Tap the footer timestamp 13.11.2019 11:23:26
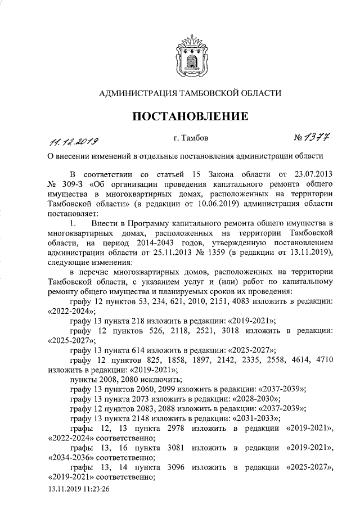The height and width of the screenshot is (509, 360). (78, 489)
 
